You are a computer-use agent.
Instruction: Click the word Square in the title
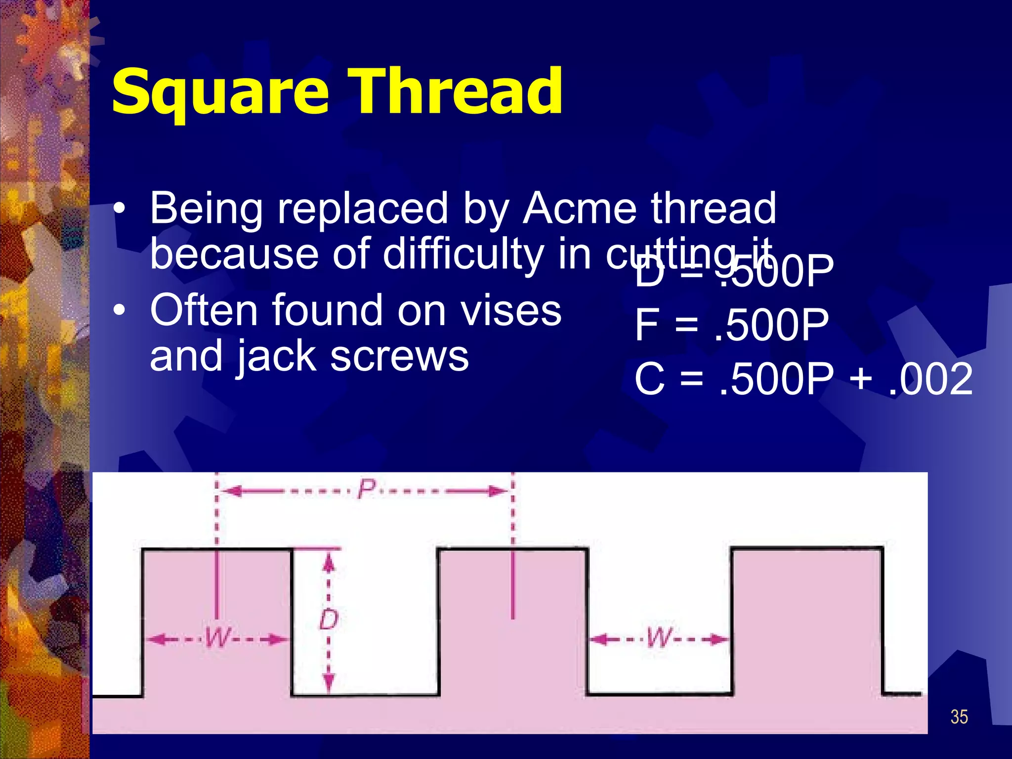tap(220, 92)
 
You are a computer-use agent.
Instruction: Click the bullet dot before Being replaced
tap(119, 210)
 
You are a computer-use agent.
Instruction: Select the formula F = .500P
tap(731, 325)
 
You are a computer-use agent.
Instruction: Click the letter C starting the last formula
tap(649, 379)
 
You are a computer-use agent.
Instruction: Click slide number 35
tap(959, 717)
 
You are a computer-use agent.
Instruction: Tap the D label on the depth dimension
tap(329, 620)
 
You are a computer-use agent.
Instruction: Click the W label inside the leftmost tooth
tap(217, 637)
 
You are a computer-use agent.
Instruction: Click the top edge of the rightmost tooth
tap(806, 548)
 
